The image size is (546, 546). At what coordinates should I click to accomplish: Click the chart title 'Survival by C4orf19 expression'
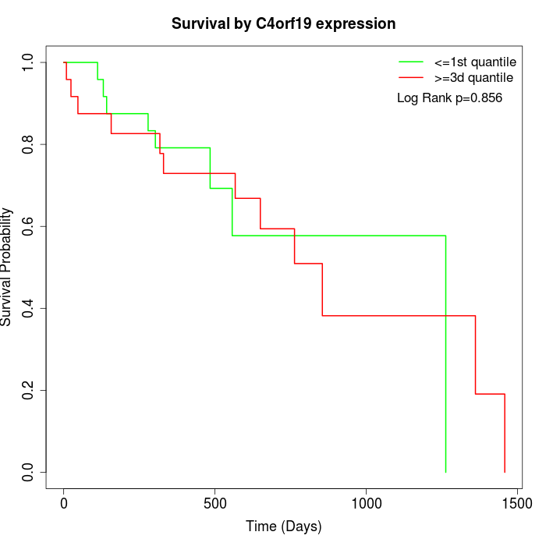click(x=283, y=23)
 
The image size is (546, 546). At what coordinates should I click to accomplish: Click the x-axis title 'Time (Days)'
click(x=283, y=526)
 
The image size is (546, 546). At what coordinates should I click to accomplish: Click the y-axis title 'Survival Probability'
click(x=7, y=267)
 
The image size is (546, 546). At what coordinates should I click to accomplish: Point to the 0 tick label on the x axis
click(x=64, y=504)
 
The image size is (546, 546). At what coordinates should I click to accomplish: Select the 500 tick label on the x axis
click(x=214, y=504)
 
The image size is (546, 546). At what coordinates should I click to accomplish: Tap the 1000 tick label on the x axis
click(x=366, y=504)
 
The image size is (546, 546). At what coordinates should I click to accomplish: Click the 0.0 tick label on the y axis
click(x=29, y=472)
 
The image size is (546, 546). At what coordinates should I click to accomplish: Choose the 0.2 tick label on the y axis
click(x=29, y=390)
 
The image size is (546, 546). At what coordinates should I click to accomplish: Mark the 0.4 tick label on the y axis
click(x=29, y=308)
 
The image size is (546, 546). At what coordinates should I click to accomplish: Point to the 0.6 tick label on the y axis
click(x=29, y=226)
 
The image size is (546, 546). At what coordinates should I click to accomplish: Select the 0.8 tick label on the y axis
click(x=29, y=144)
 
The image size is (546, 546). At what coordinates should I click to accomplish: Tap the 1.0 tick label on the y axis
click(x=29, y=62)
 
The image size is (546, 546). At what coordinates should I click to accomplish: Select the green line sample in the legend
click(x=412, y=62)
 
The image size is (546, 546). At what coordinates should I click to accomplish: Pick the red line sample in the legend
click(x=412, y=78)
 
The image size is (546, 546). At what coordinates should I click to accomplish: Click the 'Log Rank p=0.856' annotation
click(x=449, y=98)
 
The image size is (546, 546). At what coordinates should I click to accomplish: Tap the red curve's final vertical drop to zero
click(x=505, y=433)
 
